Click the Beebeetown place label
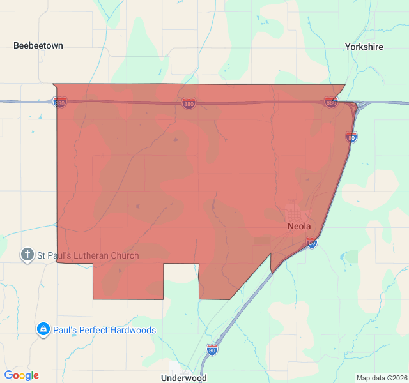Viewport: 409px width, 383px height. (38, 46)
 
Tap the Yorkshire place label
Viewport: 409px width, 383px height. (364, 47)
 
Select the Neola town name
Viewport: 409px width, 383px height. (299, 226)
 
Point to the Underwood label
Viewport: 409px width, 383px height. (181, 377)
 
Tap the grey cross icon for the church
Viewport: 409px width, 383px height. (27, 255)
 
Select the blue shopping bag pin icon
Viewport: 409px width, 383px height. (43, 329)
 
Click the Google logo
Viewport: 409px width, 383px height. (22, 375)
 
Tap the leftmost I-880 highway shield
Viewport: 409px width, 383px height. (60, 102)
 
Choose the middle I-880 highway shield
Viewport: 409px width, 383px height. (189, 103)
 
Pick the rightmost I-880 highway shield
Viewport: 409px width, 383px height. (330, 102)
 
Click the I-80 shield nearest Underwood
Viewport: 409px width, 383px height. (212, 349)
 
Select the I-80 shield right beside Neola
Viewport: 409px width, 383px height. (312, 243)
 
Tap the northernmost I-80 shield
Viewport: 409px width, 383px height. (351, 137)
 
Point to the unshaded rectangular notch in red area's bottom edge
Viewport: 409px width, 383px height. (181, 281)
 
